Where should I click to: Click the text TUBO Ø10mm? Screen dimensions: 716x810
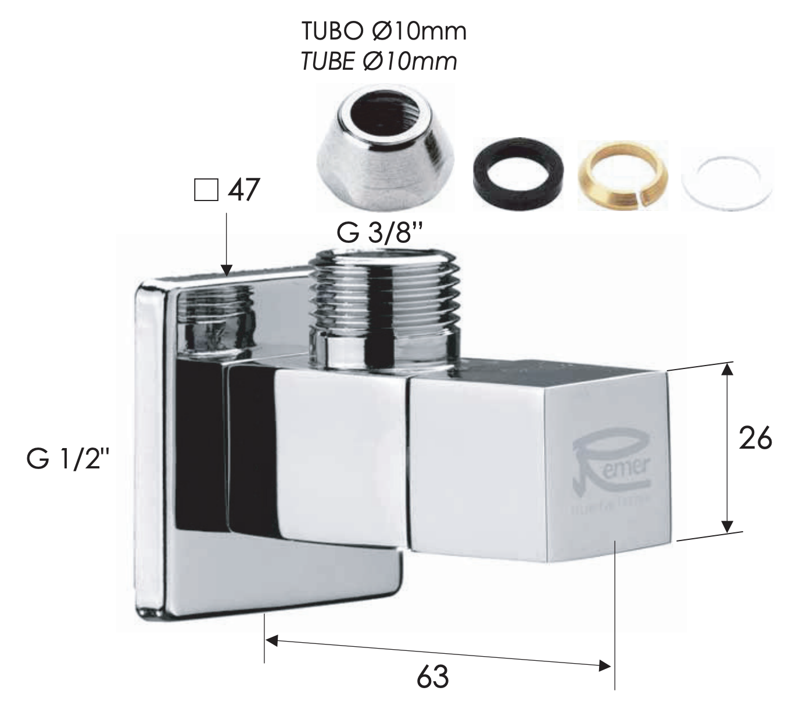point(384,32)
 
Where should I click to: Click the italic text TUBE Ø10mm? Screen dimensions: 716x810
point(379,61)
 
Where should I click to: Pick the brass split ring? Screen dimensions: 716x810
point(622,174)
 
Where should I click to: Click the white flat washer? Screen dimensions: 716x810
point(726,174)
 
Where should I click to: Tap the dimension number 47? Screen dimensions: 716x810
point(243,190)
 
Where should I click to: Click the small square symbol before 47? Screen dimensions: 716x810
point(205,190)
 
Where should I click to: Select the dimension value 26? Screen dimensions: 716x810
point(755,439)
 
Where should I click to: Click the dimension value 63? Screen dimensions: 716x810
point(433,677)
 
